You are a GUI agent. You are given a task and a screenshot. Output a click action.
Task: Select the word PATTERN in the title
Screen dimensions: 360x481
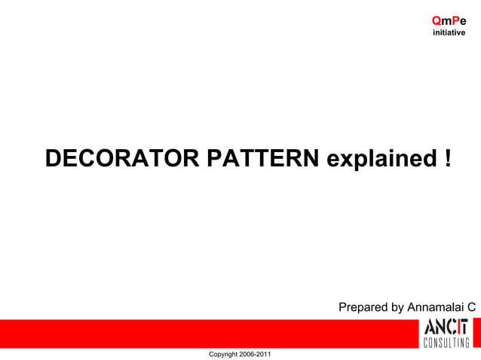click(x=262, y=158)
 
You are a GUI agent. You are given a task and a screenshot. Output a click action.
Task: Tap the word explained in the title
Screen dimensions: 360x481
click(x=377, y=158)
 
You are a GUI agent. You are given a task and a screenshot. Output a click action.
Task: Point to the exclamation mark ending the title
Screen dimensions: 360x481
click(x=448, y=158)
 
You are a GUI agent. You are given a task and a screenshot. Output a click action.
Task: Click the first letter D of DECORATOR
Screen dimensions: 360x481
click(x=54, y=158)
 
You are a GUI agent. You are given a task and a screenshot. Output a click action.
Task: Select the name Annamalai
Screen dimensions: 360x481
click(x=436, y=307)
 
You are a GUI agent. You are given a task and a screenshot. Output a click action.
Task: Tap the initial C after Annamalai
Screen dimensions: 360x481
click(x=471, y=307)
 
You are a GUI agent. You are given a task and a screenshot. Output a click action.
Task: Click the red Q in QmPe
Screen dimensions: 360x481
click(x=437, y=22)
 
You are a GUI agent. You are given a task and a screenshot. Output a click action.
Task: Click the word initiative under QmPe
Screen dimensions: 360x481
click(x=449, y=33)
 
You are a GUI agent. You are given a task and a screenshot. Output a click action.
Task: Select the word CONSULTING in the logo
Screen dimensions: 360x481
click(x=446, y=343)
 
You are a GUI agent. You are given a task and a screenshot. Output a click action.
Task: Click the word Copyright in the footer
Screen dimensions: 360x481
click(x=224, y=354)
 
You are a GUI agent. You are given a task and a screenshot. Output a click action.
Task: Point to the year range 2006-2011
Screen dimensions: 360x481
click(x=256, y=354)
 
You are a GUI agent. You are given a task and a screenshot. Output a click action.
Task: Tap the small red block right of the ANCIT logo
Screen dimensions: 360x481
click(x=476, y=331)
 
